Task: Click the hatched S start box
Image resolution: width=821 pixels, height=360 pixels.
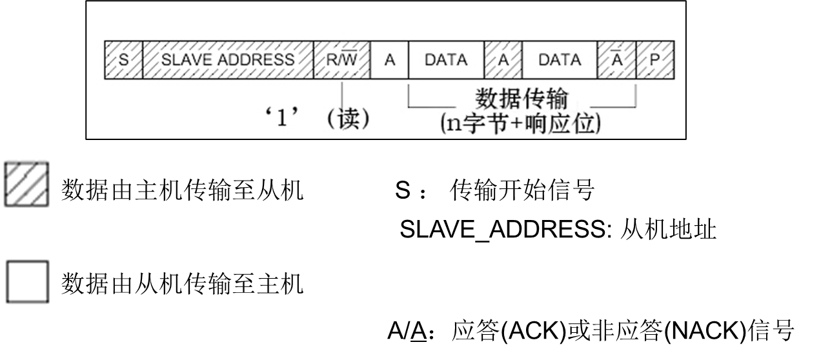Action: [x=123, y=60]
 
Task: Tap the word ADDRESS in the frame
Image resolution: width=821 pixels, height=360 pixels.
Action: [x=258, y=60]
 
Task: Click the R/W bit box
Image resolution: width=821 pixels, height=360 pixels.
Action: [x=341, y=60]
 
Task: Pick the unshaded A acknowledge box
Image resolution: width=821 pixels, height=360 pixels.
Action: [x=389, y=60]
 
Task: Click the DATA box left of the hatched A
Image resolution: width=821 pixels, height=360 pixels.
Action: [x=446, y=60]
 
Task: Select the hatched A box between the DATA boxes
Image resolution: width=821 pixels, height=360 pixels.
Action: [x=503, y=60]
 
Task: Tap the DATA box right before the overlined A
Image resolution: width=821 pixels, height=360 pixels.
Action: [x=560, y=60]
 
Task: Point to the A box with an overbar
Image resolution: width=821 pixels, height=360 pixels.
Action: [x=617, y=60]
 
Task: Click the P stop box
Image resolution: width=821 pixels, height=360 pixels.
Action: [x=655, y=60]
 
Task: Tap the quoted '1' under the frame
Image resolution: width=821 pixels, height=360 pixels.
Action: [x=281, y=119]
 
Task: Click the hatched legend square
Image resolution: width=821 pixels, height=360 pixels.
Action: [x=27, y=183]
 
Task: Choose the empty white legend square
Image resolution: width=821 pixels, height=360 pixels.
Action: [x=27, y=282]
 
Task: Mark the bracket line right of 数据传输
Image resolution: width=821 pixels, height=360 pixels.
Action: [x=613, y=106]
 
